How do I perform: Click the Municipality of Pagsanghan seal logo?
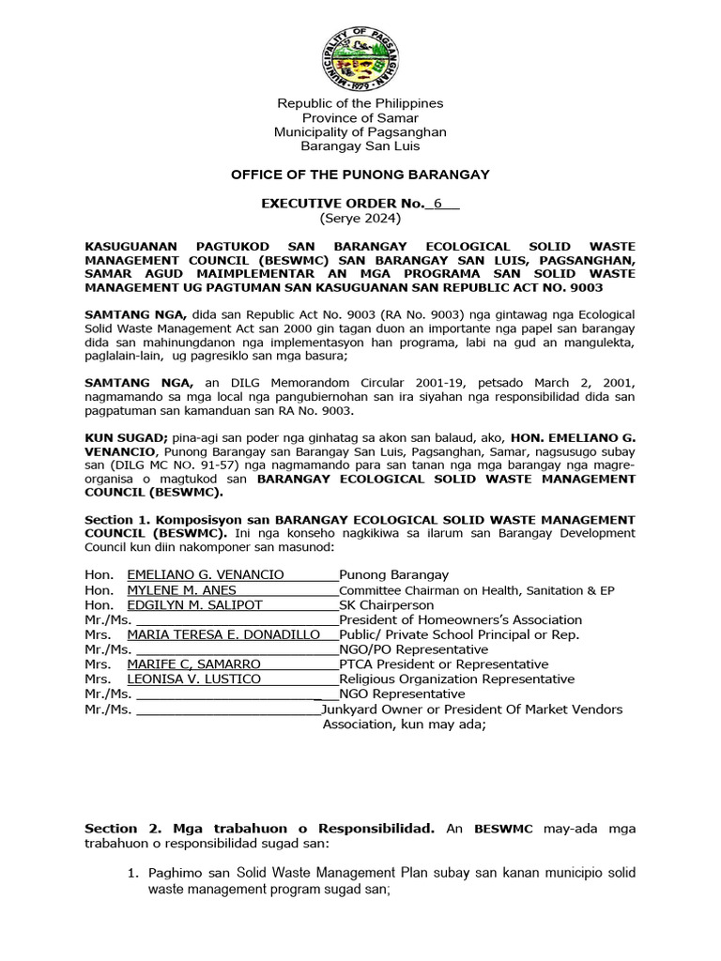(360, 53)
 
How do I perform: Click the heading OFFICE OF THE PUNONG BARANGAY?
(360, 175)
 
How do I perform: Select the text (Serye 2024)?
(360, 219)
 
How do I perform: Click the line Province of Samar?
(360, 117)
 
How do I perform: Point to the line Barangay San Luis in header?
(360, 145)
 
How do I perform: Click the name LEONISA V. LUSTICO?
(193, 679)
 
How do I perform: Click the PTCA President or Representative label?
(430, 664)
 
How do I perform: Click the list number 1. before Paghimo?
(134, 874)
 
